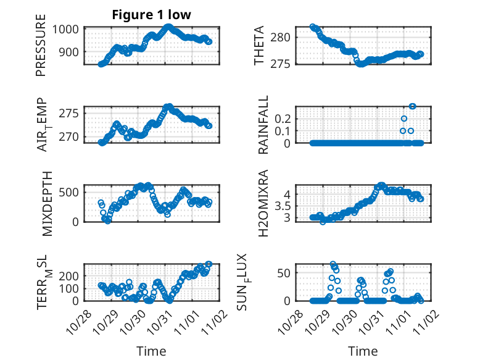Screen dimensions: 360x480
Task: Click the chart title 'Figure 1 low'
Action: tap(152, 15)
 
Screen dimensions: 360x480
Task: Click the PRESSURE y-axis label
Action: tap(41, 50)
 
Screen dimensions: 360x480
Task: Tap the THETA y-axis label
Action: tap(260, 45)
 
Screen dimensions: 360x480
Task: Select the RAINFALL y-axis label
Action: tap(263, 125)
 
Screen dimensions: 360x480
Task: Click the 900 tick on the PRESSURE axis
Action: tap(68, 51)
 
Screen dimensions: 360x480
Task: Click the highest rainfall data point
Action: tap(412, 106)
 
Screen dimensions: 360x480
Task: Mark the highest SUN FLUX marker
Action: tap(333, 264)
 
